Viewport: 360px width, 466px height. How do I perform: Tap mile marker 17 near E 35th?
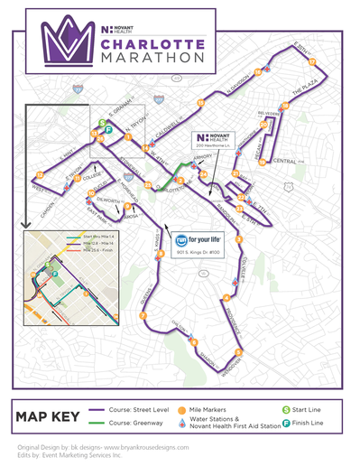(x=312, y=63)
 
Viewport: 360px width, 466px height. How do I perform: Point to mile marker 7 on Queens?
(x=143, y=315)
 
